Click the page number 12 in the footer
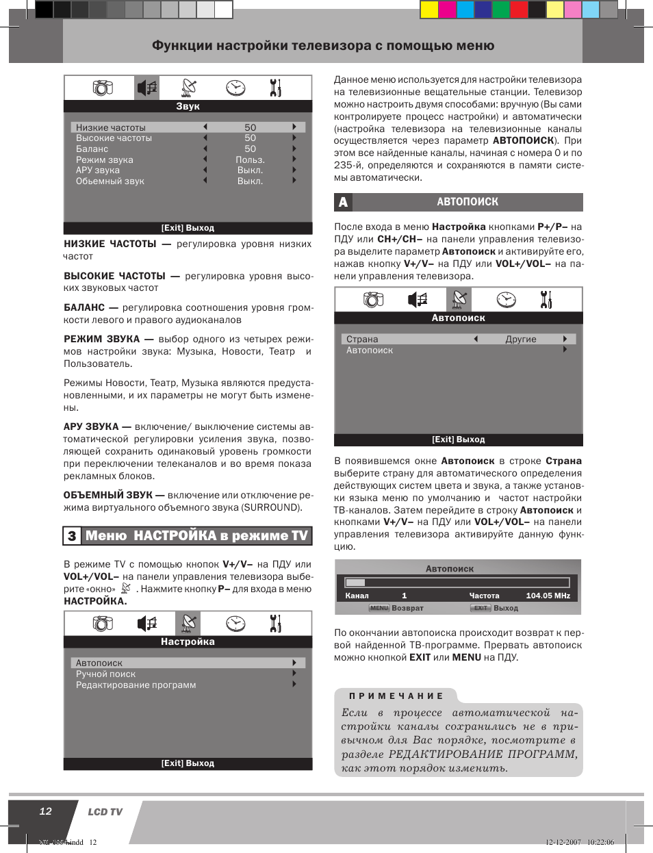coord(45,811)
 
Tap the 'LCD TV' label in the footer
coord(105,812)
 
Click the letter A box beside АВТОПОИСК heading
coord(343,202)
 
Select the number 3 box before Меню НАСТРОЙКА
coord(72,536)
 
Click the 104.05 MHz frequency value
coord(548,596)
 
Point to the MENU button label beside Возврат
coord(379,608)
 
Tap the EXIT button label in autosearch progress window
coord(481,608)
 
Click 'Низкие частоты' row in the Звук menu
coord(111,127)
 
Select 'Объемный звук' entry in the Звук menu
coord(110,181)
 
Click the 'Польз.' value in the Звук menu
coord(250,160)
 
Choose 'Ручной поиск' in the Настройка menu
coord(106,674)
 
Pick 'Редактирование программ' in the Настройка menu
coord(136,685)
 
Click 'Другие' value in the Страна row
coord(521,340)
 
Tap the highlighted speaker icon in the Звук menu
coord(147,88)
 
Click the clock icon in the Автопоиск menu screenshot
coord(506,300)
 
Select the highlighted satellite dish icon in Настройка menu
coord(188,624)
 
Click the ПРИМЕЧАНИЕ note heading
coord(396,696)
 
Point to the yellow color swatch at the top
coord(429,9)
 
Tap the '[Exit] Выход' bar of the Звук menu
coord(188,229)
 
